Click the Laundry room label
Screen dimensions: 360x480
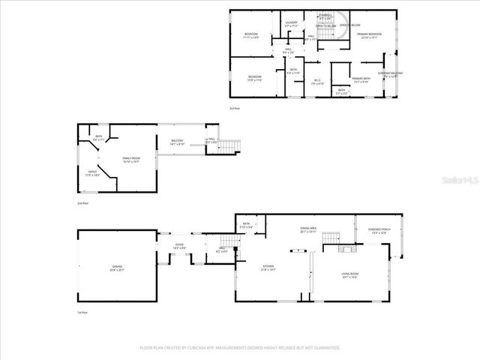pyautogui.click(x=292, y=24)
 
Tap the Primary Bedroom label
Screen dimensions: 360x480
pyautogui.click(x=368, y=35)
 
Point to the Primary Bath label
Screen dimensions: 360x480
pyautogui.click(x=361, y=80)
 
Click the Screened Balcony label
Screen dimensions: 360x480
pyautogui.click(x=391, y=74)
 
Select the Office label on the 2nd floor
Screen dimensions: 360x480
pyautogui.click(x=92, y=172)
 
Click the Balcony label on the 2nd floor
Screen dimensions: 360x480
pyautogui.click(x=177, y=142)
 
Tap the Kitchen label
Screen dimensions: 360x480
pyautogui.click(x=268, y=267)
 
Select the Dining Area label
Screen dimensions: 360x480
pyautogui.click(x=309, y=230)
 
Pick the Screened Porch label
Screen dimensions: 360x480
pyautogui.click(x=378, y=230)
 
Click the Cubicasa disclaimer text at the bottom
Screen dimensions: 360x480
pyautogui.click(x=240, y=348)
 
